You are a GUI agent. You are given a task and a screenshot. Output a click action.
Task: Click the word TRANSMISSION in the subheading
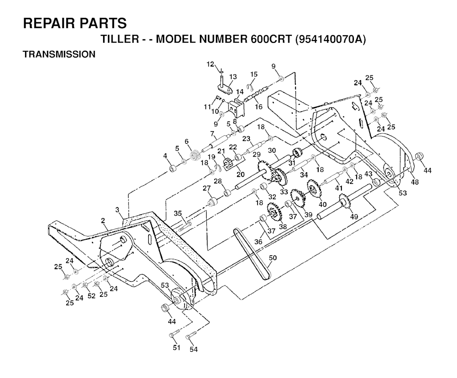coord(59,54)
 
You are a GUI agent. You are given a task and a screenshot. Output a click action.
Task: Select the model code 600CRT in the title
coord(271,39)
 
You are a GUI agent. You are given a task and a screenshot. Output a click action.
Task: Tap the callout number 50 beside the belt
coord(273,258)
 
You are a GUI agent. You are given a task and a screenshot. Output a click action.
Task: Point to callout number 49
coord(354,217)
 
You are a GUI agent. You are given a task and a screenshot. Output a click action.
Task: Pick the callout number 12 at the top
coord(210,64)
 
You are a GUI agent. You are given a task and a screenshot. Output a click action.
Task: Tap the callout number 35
coord(178,213)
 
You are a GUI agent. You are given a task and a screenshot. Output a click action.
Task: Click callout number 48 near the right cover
coord(415,182)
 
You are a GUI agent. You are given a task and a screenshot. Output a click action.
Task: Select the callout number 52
coord(91,296)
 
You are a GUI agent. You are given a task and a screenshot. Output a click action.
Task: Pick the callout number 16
coord(258,107)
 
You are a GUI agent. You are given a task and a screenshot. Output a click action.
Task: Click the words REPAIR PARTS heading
coord(75,23)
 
